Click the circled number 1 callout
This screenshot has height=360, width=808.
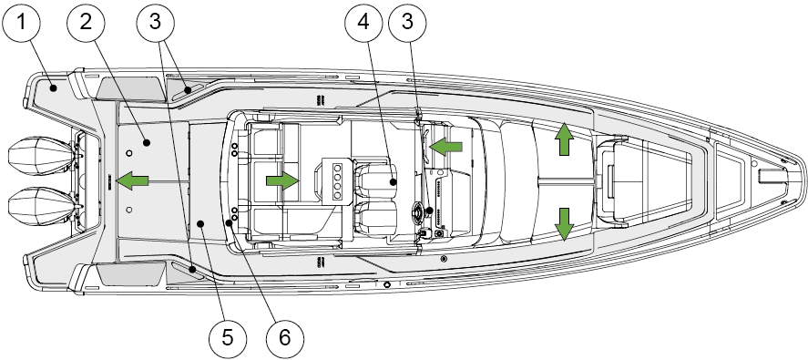point(21,22)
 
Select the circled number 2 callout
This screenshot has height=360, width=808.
point(86,22)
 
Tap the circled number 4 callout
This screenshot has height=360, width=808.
point(363,22)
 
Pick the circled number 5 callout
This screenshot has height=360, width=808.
point(228,338)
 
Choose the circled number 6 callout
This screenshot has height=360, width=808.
point(285,338)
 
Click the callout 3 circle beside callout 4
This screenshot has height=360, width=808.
point(407,22)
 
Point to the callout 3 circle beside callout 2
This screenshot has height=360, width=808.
point(156,22)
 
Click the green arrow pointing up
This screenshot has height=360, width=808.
point(564,139)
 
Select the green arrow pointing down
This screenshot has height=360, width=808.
point(564,224)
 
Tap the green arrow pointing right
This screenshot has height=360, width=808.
point(282,181)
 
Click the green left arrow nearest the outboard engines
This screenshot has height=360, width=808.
point(132,181)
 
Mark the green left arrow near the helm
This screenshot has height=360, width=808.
point(445,147)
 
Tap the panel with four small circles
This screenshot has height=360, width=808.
point(339,180)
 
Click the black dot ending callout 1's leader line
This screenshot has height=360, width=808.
point(53,88)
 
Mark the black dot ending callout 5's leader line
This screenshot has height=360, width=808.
point(200,222)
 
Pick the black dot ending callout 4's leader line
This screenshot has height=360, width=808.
point(393,181)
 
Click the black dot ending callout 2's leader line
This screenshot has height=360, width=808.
point(147,142)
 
